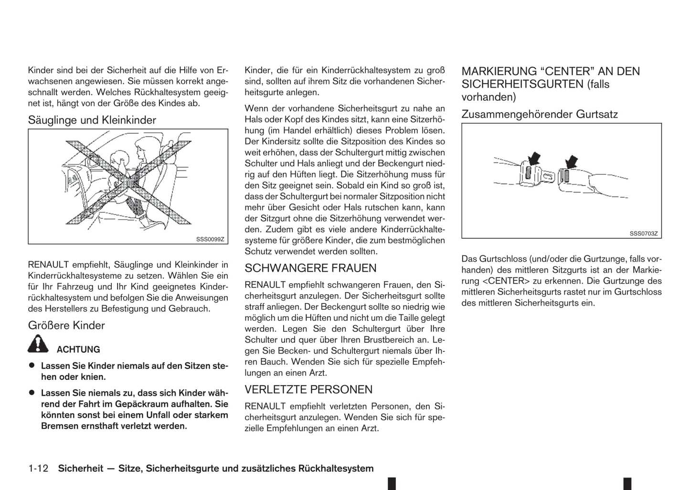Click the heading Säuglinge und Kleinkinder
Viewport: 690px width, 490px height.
(x=92, y=120)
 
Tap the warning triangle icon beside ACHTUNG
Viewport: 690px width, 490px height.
(x=38, y=344)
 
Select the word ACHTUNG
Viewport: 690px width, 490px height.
(x=78, y=350)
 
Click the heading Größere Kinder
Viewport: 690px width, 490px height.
(x=66, y=326)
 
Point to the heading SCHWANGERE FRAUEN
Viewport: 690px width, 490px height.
(x=310, y=268)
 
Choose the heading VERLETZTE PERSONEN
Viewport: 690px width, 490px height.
(x=308, y=390)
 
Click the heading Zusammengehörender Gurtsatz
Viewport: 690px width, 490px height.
(x=540, y=115)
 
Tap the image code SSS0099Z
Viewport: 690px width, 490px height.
(x=210, y=239)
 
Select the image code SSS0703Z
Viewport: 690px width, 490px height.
(x=643, y=234)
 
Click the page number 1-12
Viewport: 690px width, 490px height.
(x=38, y=469)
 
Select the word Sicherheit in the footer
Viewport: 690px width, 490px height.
(x=80, y=469)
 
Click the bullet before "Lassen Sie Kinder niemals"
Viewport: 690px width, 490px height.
(x=32, y=365)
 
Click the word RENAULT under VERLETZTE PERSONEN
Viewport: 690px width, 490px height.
(x=265, y=406)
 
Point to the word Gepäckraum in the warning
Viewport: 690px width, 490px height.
(x=124, y=404)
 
